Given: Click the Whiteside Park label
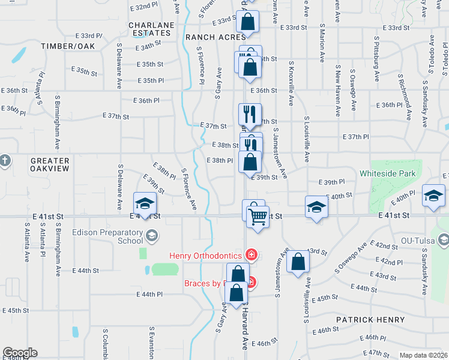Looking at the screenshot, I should tap(387, 173).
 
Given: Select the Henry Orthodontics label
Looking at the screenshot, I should tap(206, 256).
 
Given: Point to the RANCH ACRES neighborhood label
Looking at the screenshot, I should tap(208, 37).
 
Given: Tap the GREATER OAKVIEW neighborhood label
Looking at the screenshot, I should tap(50, 165).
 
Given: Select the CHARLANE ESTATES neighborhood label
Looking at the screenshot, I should tap(151, 29).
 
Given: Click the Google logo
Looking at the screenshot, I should tap(19, 353).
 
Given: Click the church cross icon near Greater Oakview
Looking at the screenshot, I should tap(5, 160).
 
